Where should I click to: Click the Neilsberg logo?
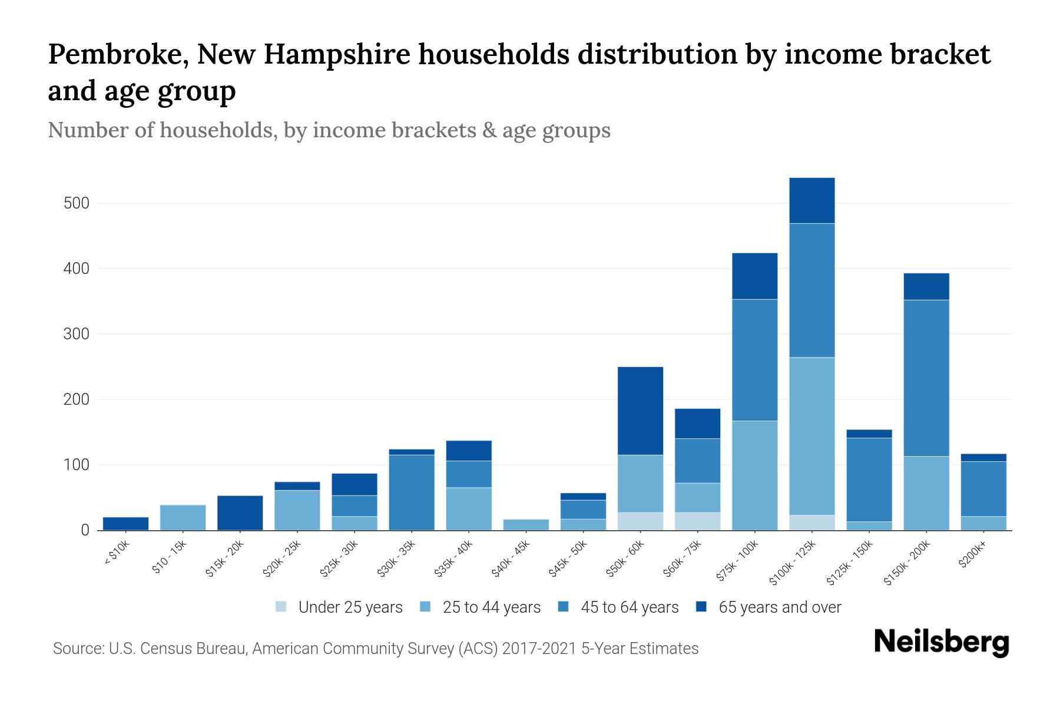[941, 642]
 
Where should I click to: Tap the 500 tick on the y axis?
[76, 204]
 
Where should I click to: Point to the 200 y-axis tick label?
[76, 400]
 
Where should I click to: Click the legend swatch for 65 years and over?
[701, 607]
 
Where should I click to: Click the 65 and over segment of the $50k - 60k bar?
[640, 411]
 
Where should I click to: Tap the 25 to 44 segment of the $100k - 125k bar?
[811, 436]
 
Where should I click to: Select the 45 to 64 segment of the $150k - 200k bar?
[926, 378]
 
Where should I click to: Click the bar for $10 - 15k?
[183, 517]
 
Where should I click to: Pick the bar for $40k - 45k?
[526, 524]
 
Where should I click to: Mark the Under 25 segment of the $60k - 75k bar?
[697, 521]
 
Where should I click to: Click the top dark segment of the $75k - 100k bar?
[754, 276]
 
